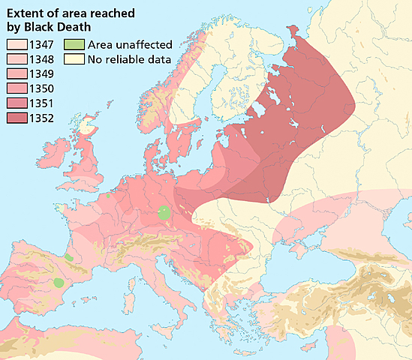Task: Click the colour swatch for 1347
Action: (x=16, y=45)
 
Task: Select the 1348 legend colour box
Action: (x=16, y=59)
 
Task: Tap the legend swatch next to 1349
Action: (x=16, y=73)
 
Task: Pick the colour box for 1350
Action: (x=16, y=88)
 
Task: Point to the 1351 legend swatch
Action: (x=16, y=102)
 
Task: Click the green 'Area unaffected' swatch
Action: (x=74, y=45)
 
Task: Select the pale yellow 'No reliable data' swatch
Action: (x=74, y=59)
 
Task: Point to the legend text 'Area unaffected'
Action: (x=130, y=45)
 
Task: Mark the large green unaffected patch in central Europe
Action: (x=164, y=214)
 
